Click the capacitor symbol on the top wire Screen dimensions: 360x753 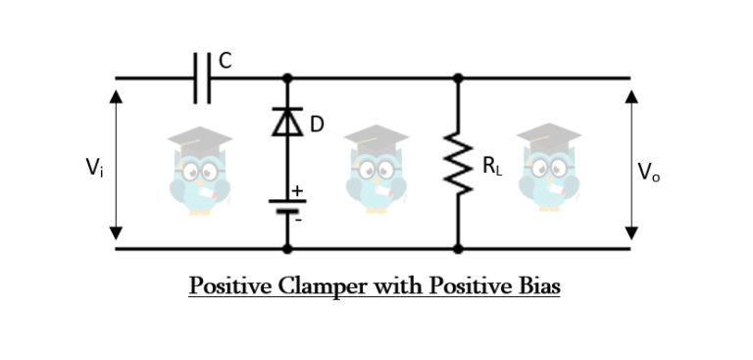coord(203,77)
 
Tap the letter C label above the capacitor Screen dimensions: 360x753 coord(226,61)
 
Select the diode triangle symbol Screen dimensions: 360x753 coord(287,121)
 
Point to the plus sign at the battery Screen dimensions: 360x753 coord(297,192)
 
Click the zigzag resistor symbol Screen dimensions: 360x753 coord(457,163)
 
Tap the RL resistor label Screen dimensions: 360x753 coord(492,165)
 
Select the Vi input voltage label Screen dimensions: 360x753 coord(94,168)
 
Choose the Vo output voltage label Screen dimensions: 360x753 coord(648,172)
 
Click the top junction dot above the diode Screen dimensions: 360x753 coord(287,77)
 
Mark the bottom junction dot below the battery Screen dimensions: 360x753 coord(287,248)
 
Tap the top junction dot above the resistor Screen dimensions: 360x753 coord(457,77)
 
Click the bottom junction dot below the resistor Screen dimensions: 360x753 coord(457,248)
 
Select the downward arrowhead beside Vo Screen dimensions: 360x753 coord(631,232)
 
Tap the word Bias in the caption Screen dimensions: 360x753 coord(535,286)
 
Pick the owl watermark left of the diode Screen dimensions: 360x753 coord(199,168)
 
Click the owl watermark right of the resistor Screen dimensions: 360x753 coord(549,168)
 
